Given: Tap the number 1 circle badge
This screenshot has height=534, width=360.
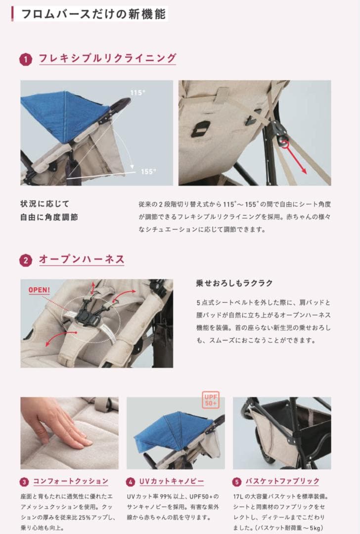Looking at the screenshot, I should (26, 59).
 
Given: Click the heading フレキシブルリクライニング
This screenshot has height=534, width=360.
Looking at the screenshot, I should (107, 58).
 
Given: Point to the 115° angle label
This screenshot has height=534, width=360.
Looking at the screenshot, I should (137, 92).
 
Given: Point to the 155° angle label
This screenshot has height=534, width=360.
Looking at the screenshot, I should (148, 172).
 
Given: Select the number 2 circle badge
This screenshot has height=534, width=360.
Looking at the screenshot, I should (26, 260).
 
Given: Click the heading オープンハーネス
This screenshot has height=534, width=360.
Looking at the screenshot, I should (82, 260).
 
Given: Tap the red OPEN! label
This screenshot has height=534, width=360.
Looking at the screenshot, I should (39, 290).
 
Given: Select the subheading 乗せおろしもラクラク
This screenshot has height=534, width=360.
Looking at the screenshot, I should (234, 283).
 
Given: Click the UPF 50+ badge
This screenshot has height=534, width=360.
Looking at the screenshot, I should (211, 400).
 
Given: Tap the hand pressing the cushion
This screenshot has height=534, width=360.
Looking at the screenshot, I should (54, 420).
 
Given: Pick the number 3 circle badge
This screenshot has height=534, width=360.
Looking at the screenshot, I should (24, 482).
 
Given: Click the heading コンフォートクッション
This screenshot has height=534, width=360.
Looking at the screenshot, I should (70, 481).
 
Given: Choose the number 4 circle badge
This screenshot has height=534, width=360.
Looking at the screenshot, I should (131, 482).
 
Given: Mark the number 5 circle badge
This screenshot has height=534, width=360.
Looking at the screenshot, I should (237, 482).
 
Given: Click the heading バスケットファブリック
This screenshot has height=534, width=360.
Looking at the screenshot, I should (282, 481).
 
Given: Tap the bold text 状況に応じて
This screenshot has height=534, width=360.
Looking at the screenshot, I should (45, 204).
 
